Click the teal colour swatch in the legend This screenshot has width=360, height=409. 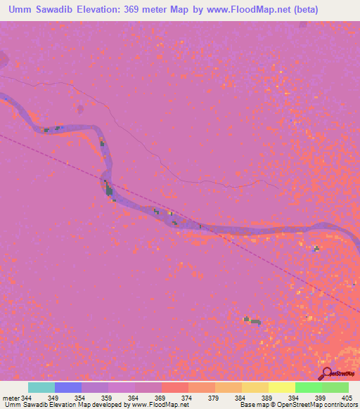[41, 387]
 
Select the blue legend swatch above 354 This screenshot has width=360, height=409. [68, 387]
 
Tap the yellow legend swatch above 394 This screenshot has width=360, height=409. [282, 387]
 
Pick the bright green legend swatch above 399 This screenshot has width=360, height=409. [309, 387]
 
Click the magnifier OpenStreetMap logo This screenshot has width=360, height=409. [327, 372]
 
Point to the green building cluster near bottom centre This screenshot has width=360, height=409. [252, 321]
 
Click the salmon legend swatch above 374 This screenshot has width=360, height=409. [175, 387]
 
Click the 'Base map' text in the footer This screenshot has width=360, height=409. [252, 405]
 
